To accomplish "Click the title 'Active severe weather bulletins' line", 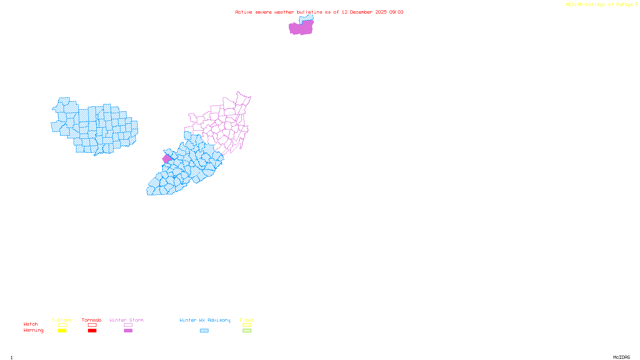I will tap(319, 12).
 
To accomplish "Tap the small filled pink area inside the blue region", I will tap(167, 158).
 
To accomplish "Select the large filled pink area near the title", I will tap(301, 28).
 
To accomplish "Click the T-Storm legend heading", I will tap(62, 320).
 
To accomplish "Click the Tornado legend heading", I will tap(92, 320).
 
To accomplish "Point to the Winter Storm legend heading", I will tap(126, 320).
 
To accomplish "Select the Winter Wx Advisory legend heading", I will tap(205, 320).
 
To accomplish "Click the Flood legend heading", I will tap(247, 320).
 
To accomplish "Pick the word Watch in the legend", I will tap(31, 324).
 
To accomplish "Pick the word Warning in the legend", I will tap(33, 330).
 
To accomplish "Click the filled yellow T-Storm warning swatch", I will tap(62, 331).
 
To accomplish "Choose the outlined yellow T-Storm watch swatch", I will tap(62, 325).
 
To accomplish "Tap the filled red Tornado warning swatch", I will tap(92, 331).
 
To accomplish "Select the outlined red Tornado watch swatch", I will tap(92, 325).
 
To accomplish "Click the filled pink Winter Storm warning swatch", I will tap(128, 331).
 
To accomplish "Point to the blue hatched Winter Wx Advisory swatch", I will tap(204, 331).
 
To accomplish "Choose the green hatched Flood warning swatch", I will tap(247, 331).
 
